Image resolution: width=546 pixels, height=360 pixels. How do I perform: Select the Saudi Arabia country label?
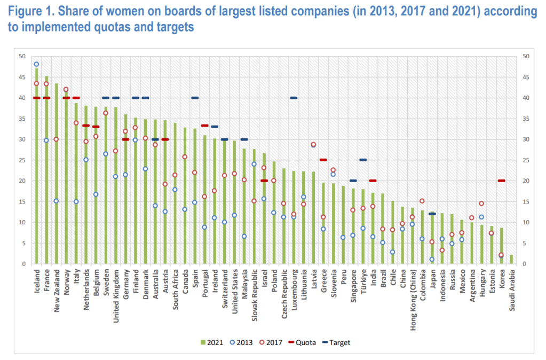pyautogui.click(x=511, y=286)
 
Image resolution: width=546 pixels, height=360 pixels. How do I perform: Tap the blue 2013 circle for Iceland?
pyautogui.click(x=36, y=64)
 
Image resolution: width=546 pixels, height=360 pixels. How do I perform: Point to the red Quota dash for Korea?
pyautogui.click(x=501, y=181)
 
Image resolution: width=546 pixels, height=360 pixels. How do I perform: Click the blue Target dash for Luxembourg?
pyautogui.click(x=294, y=98)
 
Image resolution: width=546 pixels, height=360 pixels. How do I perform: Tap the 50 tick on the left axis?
pyautogui.click(x=22, y=56)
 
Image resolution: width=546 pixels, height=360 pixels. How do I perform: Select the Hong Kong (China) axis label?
pyautogui.click(x=412, y=294)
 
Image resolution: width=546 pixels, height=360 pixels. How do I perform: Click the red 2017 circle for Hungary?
pyautogui.click(x=481, y=204)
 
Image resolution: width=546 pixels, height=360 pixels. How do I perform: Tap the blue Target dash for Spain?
pyautogui.click(x=195, y=98)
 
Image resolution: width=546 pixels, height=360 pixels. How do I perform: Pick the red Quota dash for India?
pyautogui.click(x=373, y=181)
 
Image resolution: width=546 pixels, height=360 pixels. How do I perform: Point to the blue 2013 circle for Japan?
pyautogui.click(x=432, y=260)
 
